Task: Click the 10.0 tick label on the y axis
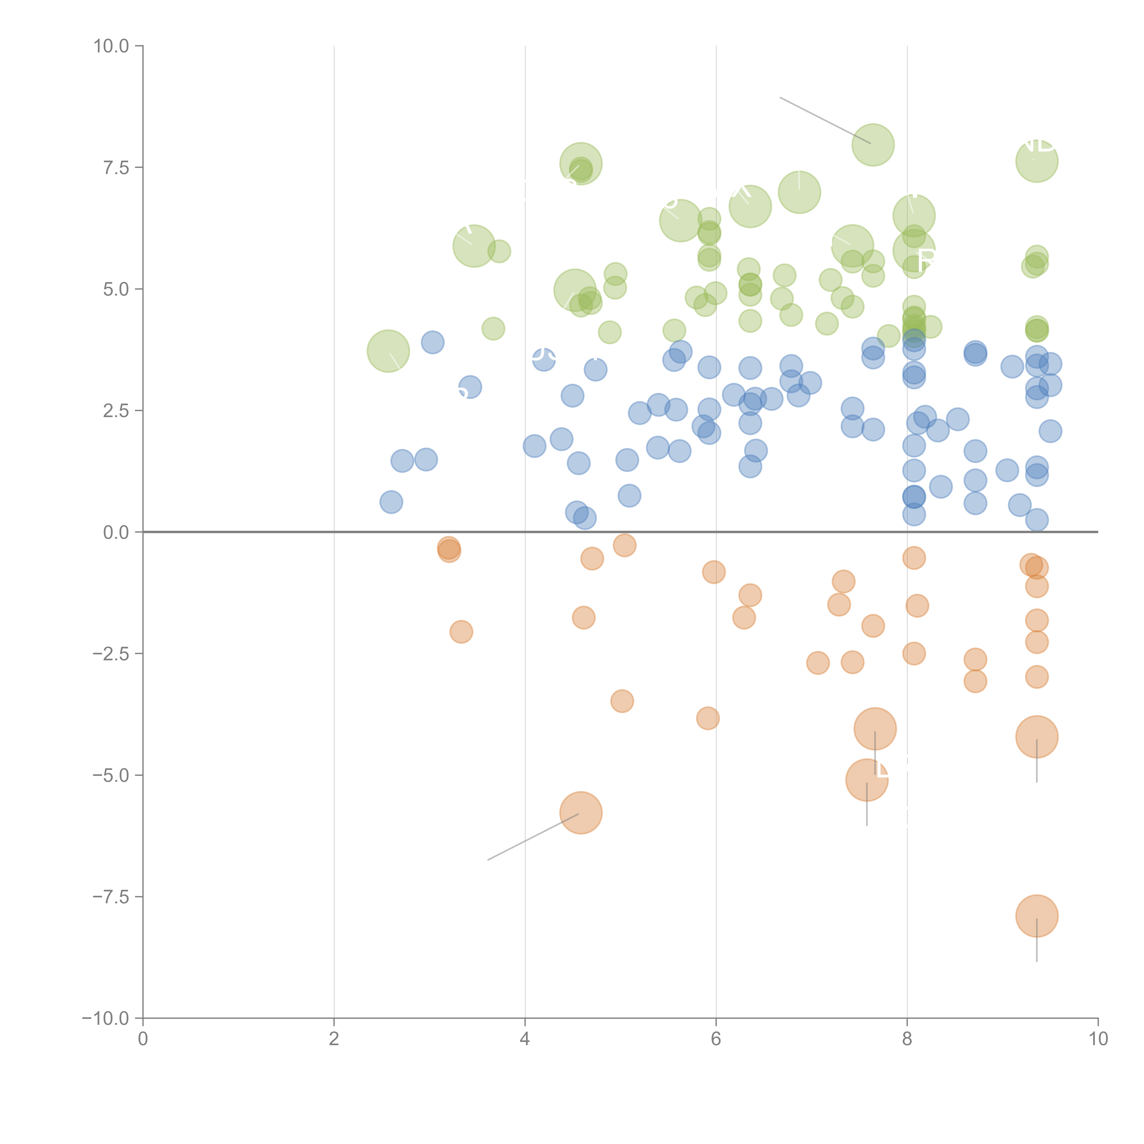coord(111,46)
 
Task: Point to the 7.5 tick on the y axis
coord(116,167)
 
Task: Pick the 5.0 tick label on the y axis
coord(116,289)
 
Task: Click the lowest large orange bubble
coord(1036,915)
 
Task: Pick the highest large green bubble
coord(873,145)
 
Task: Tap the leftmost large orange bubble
coord(581,812)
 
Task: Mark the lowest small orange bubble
coord(708,718)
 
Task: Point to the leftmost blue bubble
coord(391,502)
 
